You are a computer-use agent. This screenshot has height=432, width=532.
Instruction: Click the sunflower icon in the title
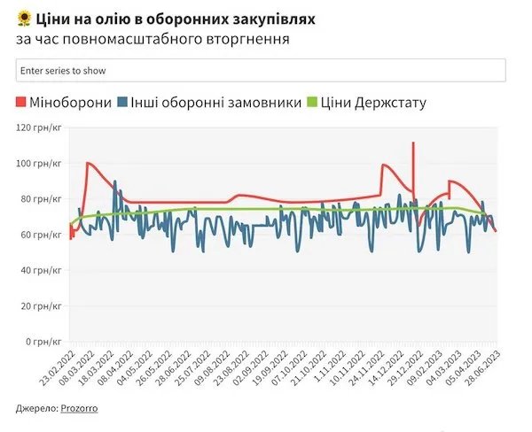click(24, 18)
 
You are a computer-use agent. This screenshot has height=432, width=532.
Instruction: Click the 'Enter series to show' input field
click(260, 70)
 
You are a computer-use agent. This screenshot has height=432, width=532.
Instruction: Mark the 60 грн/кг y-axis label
click(41, 235)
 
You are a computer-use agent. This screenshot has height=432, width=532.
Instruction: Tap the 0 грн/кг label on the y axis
click(43, 341)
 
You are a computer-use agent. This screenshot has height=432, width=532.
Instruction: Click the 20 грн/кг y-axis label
click(41, 305)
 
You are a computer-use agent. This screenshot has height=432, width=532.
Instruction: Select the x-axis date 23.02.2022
click(55, 370)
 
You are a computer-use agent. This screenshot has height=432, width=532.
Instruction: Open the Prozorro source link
click(79, 408)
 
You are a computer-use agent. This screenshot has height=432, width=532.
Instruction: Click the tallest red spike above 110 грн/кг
click(413, 143)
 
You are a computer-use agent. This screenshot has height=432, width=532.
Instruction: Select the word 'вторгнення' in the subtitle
click(249, 39)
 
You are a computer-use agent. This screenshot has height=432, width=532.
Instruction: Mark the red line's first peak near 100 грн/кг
click(88, 163)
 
